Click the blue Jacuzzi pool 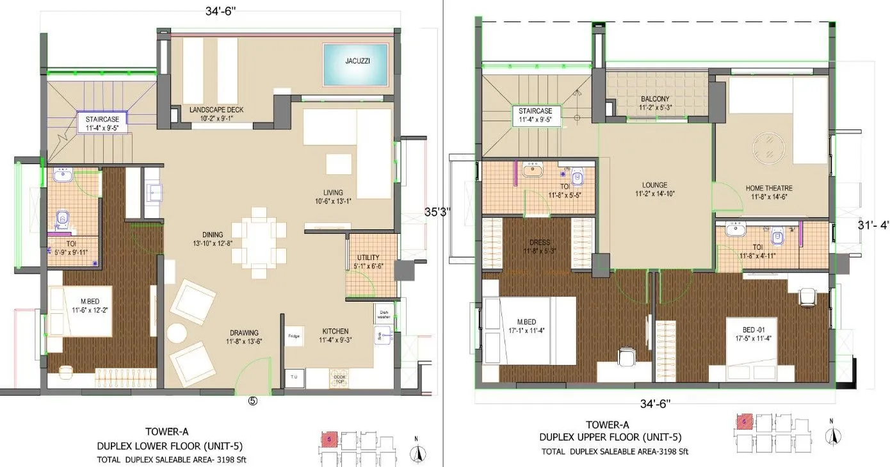(355, 64)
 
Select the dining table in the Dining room (259, 242)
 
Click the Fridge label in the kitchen (294, 336)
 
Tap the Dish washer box (384, 313)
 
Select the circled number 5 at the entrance (253, 402)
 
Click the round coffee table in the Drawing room (175, 332)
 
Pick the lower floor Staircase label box (102, 122)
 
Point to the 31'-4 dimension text (873, 225)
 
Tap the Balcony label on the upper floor (654, 103)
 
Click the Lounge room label (655, 188)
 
